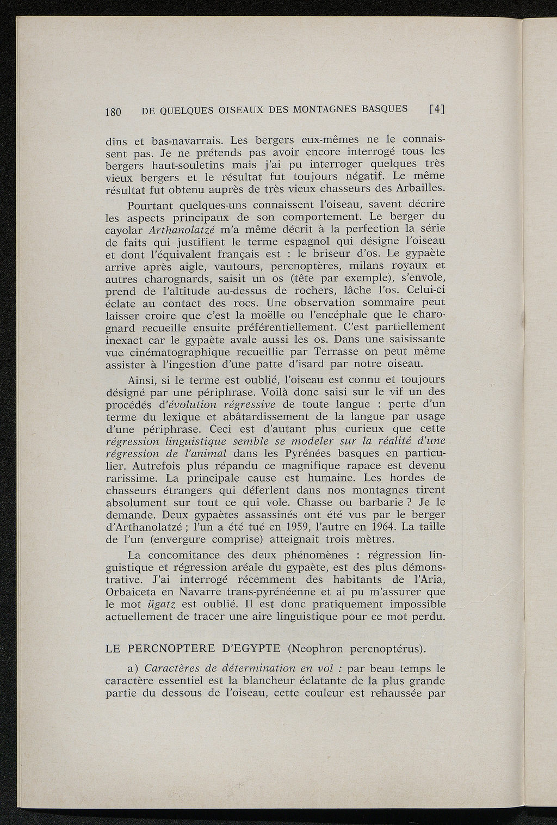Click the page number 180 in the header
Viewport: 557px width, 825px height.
coord(112,113)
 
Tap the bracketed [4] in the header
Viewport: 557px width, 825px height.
coord(437,109)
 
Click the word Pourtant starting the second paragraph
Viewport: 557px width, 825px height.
coord(151,206)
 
